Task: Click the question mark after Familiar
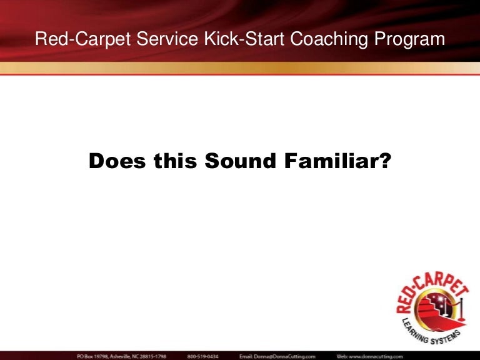click(385, 161)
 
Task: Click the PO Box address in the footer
click(121, 355)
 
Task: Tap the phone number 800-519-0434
click(203, 355)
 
